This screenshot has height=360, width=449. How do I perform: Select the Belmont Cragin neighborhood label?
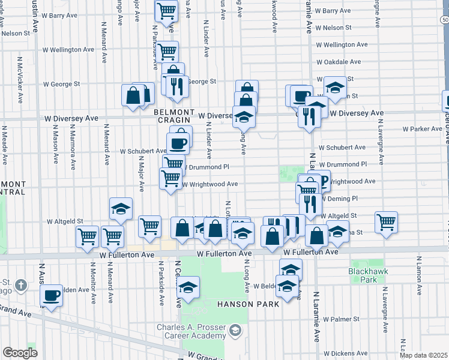click(174, 116)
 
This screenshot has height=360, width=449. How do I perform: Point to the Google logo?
click(20, 353)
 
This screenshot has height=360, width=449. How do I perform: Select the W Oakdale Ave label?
click(339, 62)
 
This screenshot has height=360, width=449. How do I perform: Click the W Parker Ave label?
click(422, 129)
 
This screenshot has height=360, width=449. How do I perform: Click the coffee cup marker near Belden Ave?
click(52, 295)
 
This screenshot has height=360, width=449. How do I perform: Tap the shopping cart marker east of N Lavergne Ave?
click(387, 222)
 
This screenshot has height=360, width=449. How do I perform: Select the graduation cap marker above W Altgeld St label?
click(121, 209)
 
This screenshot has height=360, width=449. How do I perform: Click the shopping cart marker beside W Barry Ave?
click(166, 10)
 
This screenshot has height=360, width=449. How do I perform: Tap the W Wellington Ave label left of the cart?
click(68, 50)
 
